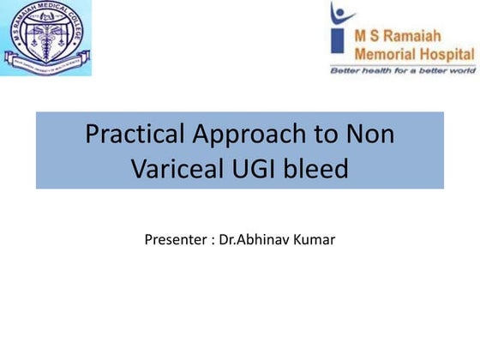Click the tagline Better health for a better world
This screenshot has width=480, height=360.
tap(403, 69)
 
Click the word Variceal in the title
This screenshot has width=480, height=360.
tap(177, 169)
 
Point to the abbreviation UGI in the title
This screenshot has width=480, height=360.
tap(255, 169)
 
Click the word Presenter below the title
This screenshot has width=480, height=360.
tap(176, 238)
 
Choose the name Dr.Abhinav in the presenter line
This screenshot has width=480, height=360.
tap(255, 238)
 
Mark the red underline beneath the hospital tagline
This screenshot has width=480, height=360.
tap(403, 75)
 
